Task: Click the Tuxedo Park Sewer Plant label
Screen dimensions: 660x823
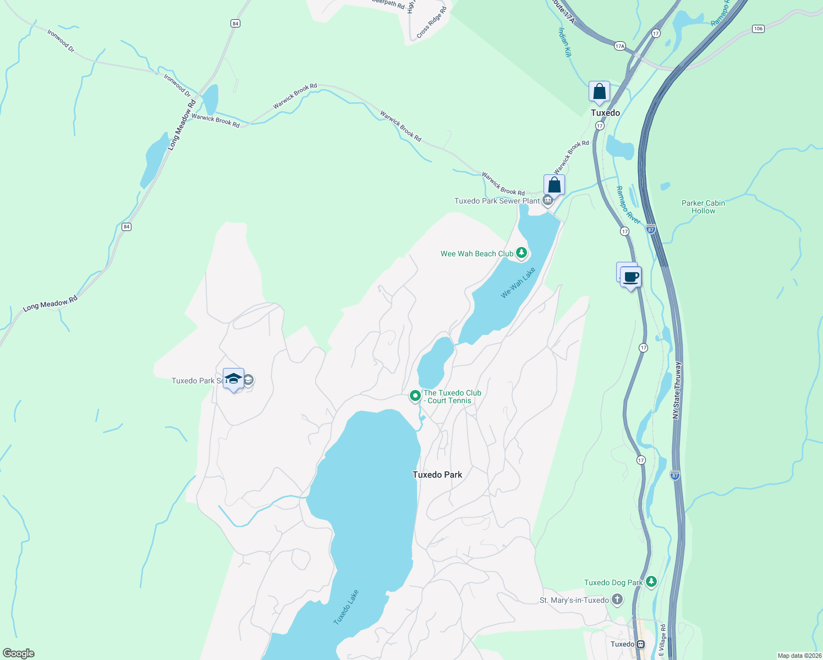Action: pyautogui.click(x=497, y=201)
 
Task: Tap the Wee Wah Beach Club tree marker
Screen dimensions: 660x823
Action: pyautogui.click(x=522, y=254)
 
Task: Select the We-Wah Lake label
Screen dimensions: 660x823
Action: pyautogui.click(x=518, y=283)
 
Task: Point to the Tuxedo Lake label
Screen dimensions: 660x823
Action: pyautogui.click(x=346, y=607)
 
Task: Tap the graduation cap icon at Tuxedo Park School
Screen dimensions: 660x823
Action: pyautogui.click(x=233, y=378)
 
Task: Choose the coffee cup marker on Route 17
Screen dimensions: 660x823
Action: pyautogui.click(x=631, y=277)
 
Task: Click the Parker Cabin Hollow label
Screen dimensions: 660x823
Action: pyautogui.click(x=703, y=207)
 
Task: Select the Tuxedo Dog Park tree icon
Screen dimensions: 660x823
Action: pyautogui.click(x=651, y=581)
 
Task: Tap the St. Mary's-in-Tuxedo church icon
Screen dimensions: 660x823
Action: pyautogui.click(x=617, y=600)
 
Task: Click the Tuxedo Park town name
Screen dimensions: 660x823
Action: pyautogui.click(x=437, y=475)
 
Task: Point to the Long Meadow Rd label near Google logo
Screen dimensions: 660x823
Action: pyautogui.click(x=50, y=304)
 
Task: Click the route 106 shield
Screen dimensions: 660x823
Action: pyautogui.click(x=758, y=29)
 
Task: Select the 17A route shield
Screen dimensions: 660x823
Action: pyautogui.click(x=620, y=46)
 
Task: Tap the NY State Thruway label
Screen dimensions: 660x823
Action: pyautogui.click(x=678, y=391)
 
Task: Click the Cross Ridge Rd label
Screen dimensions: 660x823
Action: pyautogui.click(x=431, y=23)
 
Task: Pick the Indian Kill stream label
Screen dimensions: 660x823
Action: pyautogui.click(x=565, y=42)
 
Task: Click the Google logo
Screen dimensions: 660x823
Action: pyautogui.click(x=18, y=653)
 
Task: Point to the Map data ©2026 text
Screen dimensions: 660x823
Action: pyautogui.click(x=799, y=656)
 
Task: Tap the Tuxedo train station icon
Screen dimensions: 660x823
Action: pyautogui.click(x=640, y=644)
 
